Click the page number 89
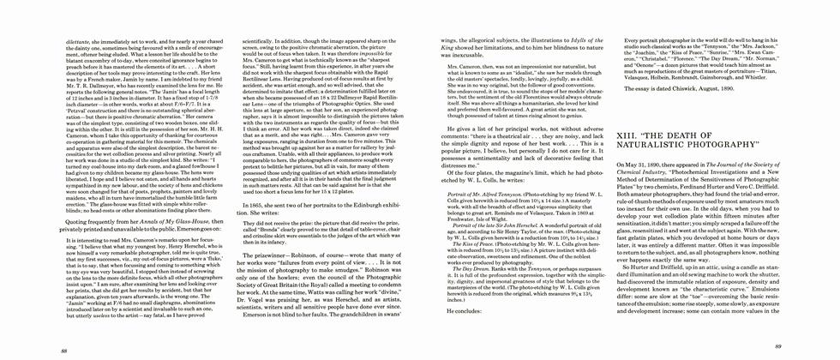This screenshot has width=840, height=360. point(777,347)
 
